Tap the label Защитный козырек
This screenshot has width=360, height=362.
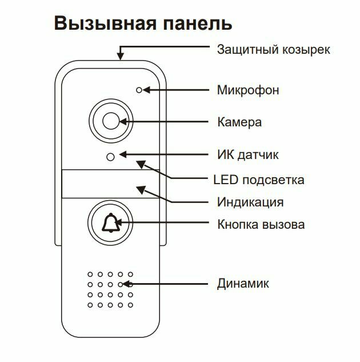point(273,50)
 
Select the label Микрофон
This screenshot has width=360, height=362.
point(248,90)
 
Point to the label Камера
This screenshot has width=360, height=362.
point(239,122)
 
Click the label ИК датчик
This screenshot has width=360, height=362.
point(247,155)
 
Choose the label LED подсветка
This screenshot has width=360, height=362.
point(258,180)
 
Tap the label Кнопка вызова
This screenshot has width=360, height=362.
point(261,224)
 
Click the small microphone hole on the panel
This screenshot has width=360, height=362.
point(138,90)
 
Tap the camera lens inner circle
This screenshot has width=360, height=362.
point(110,121)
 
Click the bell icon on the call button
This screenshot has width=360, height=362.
point(110,224)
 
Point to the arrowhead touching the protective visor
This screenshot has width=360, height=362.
point(121,55)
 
